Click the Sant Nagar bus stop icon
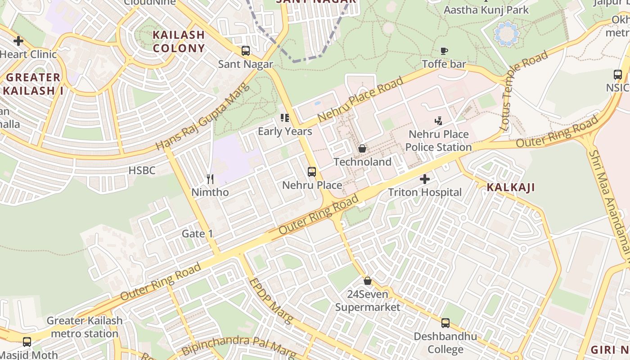tap(246, 51)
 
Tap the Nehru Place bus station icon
tap(312, 171)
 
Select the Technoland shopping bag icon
tap(362, 148)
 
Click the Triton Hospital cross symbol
tap(424, 179)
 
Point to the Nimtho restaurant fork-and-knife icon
tap(210, 179)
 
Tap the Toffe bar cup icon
tap(444, 51)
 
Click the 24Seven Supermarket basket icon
tap(368, 281)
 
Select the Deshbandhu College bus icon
tap(445, 323)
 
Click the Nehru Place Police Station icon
tap(439, 121)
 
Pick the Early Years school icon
tap(285, 118)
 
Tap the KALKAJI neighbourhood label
tap(511, 188)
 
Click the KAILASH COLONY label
tap(179, 41)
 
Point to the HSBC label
tap(142, 171)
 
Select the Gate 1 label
tap(197, 234)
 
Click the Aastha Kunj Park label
tap(486, 10)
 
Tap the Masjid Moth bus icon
tap(27, 342)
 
